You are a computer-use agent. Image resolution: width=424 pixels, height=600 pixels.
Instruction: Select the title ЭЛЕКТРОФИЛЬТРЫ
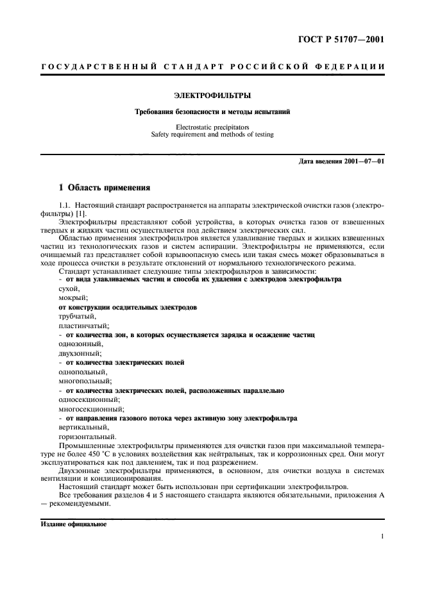[x=212, y=96]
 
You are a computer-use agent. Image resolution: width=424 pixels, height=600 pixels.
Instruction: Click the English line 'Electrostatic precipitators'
[x=212, y=127]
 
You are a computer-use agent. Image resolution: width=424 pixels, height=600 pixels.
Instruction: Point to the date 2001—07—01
[x=363, y=160]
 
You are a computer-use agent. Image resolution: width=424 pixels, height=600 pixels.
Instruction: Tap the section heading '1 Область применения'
[x=104, y=188]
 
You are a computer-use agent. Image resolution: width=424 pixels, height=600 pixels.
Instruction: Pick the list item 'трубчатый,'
[x=77, y=317]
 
